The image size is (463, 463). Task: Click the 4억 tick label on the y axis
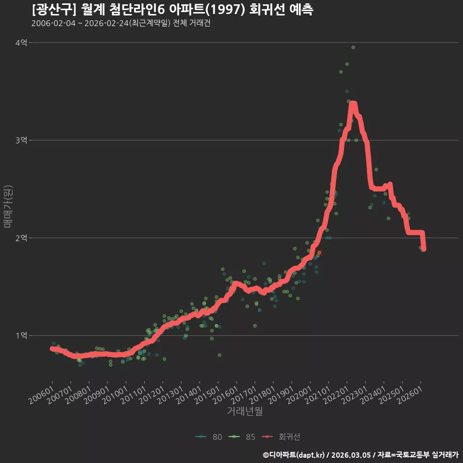coord(21,43)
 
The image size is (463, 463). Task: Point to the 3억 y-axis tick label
coord(21,140)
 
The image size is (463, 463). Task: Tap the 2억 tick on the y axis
coord(21,238)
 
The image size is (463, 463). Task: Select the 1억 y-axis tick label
coord(21,336)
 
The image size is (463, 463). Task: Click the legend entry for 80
coord(209,437)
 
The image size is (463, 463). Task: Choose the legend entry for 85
coord(242,437)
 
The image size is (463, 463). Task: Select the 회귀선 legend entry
coord(281,437)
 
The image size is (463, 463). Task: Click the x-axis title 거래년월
coord(245,411)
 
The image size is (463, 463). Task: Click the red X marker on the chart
coord(319,252)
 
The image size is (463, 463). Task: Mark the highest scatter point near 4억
coord(353,48)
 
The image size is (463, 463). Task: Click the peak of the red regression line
coord(353,103)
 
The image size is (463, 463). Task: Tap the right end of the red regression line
coord(424,249)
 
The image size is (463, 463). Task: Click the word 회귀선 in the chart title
coord(267,10)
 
